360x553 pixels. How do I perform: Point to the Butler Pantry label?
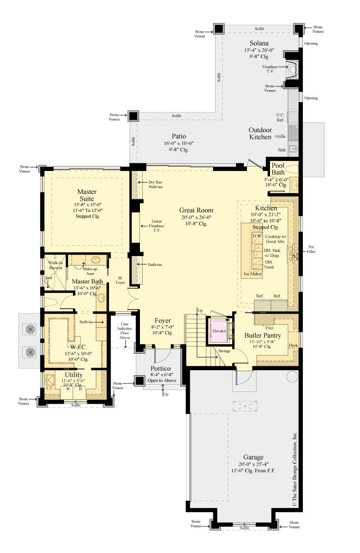click(x=263, y=335)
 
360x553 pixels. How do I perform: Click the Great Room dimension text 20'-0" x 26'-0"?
click(x=196, y=217)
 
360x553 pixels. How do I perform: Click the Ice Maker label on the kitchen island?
click(x=253, y=274)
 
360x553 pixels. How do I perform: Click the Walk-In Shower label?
click(x=55, y=265)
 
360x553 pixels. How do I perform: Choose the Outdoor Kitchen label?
click(x=260, y=133)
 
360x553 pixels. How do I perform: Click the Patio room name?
click(x=179, y=136)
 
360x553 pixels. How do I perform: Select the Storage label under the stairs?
click(x=225, y=351)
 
